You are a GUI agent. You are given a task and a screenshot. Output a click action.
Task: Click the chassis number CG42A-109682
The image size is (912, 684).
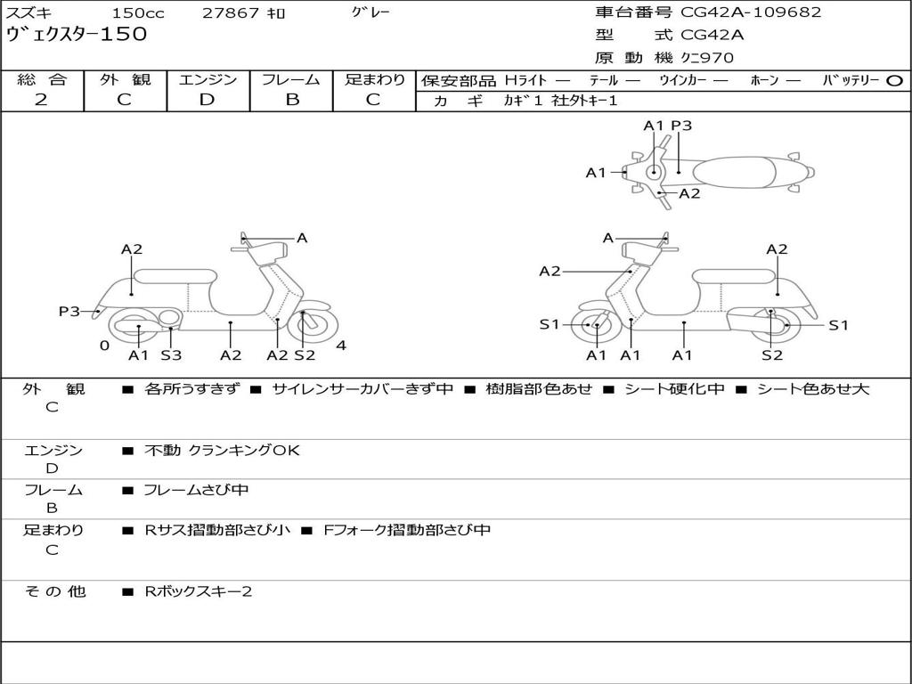click(751, 12)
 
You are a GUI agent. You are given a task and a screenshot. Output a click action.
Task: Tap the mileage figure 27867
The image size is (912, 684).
click(231, 13)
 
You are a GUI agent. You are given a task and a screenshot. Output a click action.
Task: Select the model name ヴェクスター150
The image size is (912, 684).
click(77, 35)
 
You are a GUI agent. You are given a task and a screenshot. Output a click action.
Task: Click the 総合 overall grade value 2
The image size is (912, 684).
click(41, 100)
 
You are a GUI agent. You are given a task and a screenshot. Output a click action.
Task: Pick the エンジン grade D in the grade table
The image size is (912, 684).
click(207, 100)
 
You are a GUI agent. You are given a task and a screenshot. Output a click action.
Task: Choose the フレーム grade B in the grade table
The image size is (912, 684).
click(291, 100)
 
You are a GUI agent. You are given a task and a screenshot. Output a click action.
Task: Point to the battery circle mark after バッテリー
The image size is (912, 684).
click(895, 80)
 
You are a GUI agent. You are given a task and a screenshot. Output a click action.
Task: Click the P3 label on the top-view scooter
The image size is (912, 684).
click(681, 126)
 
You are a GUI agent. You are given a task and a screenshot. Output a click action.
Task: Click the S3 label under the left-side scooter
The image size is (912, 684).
click(171, 355)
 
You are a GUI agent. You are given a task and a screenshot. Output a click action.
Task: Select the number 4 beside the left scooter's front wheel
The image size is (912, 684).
click(341, 346)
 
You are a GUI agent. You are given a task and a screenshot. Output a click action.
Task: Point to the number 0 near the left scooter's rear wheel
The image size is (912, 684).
click(104, 346)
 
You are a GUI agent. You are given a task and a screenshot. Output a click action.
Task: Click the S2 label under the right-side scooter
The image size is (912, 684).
click(771, 355)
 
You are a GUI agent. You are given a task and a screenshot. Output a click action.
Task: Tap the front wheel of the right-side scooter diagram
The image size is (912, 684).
click(596, 326)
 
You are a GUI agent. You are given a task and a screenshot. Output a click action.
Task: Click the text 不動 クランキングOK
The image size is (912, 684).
click(222, 451)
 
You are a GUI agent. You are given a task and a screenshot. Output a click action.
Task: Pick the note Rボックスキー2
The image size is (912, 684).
click(198, 591)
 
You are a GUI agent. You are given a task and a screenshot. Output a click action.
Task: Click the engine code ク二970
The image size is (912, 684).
click(707, 58)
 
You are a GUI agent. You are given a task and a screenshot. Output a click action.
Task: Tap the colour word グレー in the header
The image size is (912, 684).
click(370, 12)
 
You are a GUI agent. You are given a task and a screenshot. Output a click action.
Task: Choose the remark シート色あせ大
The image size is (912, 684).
click(813, 389)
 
